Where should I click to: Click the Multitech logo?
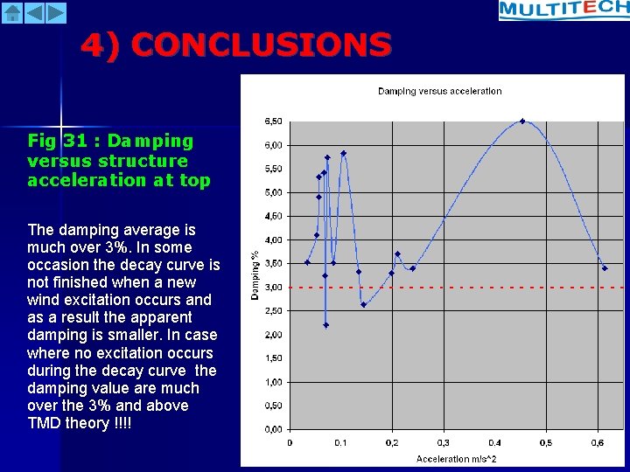pos(563,10)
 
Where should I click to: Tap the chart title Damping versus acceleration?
pos(439,91)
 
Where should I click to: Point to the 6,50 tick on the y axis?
pos(273,121)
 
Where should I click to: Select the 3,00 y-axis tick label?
pos(273,287)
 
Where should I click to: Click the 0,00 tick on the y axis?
pos(273,429)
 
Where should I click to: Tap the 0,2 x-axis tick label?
pos(393,443)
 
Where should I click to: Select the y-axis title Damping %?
pos(255,275)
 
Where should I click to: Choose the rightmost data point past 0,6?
pos(605,268)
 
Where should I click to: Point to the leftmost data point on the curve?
pos(307,262)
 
